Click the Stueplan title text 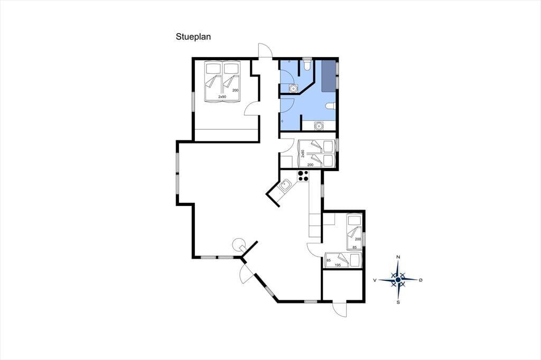point(193,37)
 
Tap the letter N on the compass point(398,257)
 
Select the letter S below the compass point(398,303)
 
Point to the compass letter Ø point(420,280)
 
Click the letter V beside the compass point(375,280)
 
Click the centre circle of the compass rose point(398,280)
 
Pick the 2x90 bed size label point(222,97)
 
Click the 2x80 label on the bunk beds point(303,154)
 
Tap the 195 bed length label point(339,265)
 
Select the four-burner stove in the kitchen point(303,176)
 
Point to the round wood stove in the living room point(238,244)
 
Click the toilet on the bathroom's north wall point(307,65)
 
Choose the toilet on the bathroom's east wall point(330,106)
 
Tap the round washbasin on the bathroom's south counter point(318,126)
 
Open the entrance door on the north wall point(265,51)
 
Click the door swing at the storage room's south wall point(340,309)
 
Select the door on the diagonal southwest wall point(246,273)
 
